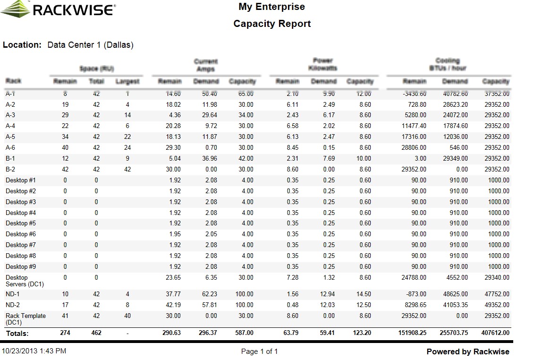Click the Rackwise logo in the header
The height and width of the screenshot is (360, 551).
(x=58, y=9)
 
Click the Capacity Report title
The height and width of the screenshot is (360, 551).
(x=272, y=24)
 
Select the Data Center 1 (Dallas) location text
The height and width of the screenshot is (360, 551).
(x=90, y=45)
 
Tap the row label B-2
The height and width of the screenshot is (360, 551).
(x=10, y=169)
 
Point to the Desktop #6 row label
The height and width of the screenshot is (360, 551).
(x=21, y=234)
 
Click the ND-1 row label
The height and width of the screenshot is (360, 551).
(x=12, y=294)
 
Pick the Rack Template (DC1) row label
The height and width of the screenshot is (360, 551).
(x=25, y=319)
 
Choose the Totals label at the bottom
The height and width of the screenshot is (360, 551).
(x=17, y=334)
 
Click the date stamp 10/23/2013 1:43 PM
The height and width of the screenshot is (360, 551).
(x=34, y=351)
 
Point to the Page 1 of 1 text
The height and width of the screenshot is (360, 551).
(x=259, y=351)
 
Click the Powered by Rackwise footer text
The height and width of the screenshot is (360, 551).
(x=468, y=351)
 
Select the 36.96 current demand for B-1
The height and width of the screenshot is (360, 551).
(x=208, y=159)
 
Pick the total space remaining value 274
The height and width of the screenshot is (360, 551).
(x=65, y=333)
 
